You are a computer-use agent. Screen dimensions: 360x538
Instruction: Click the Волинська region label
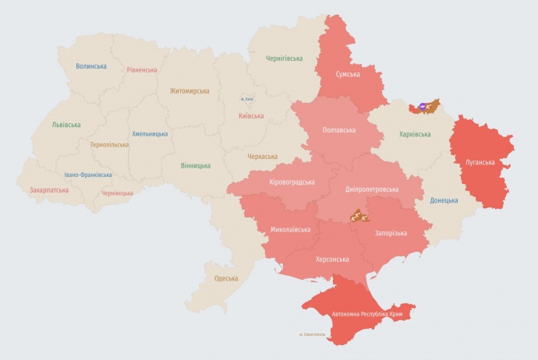pyautogui.click(x=91, y=66)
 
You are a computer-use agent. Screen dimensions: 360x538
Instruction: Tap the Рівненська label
pyautogui.click(x=143, y=70)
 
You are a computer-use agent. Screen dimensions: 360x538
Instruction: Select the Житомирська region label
pyautogui.click(x=189, y=91)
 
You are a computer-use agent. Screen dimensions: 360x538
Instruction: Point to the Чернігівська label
pyautogui.click(x=285, y=58)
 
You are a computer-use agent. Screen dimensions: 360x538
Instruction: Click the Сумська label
pyautogui.click(x=347, y=74)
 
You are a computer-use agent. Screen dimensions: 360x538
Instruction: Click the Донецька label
pyautogui.click(x=444, y=200)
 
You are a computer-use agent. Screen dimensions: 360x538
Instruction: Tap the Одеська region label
pyautogui.click(x=226, y=278)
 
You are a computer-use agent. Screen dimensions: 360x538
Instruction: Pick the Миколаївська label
pyautogui.click(x=290, y=230)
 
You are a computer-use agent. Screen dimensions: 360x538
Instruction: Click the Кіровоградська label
pyautogui.click(x=292, y=182)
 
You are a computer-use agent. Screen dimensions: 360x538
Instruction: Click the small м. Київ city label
pyautogui.click(x=247, y=99)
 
